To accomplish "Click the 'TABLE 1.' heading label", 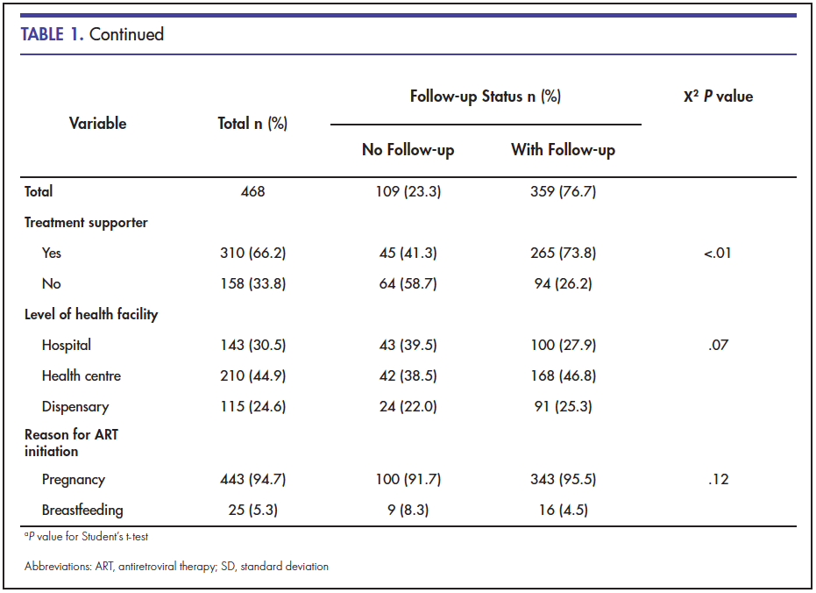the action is click(52, 34).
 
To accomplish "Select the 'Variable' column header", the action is click(98, 124).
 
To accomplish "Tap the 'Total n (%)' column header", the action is click(252, 124).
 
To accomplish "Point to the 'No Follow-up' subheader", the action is click(408, 150).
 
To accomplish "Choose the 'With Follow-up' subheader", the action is click(563, 150).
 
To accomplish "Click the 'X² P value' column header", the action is click(718, 96).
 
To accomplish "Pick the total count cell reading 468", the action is click(253, 191).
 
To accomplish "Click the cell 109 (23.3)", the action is click(408, 191).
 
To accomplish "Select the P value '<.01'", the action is click(718, 253).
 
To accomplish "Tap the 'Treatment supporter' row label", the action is click(86, 223).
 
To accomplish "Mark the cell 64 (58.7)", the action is click(408, 283).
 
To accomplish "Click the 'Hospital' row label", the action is click(67, 345).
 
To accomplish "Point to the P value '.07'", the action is click(718, 345).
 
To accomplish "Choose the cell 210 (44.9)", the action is click(253, 376).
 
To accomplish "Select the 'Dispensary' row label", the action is click(75, 407).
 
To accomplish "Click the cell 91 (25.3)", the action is click(563, 407).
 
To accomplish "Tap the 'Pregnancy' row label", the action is click(74, 480).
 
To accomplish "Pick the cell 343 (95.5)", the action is click(563, 480).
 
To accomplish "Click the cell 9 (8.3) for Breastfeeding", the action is click(408, 511).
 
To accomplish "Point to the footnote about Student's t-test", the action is click(87, 537).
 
